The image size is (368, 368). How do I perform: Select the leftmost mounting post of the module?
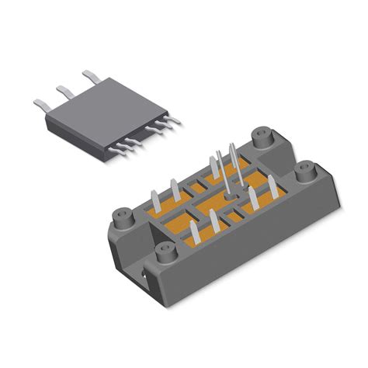(120, 215)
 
